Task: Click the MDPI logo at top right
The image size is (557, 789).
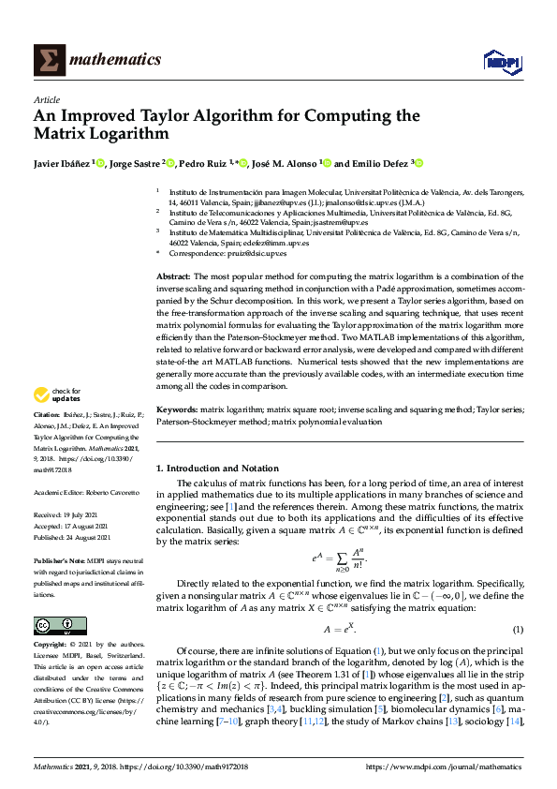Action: (502, 61)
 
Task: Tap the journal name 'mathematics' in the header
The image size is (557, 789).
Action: (118, 60)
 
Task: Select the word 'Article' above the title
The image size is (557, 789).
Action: (47, 98)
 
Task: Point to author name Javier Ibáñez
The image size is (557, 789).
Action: (62, 162)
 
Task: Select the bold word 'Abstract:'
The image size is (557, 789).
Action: (172, 277)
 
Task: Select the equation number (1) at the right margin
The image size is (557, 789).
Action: (518, 628)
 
